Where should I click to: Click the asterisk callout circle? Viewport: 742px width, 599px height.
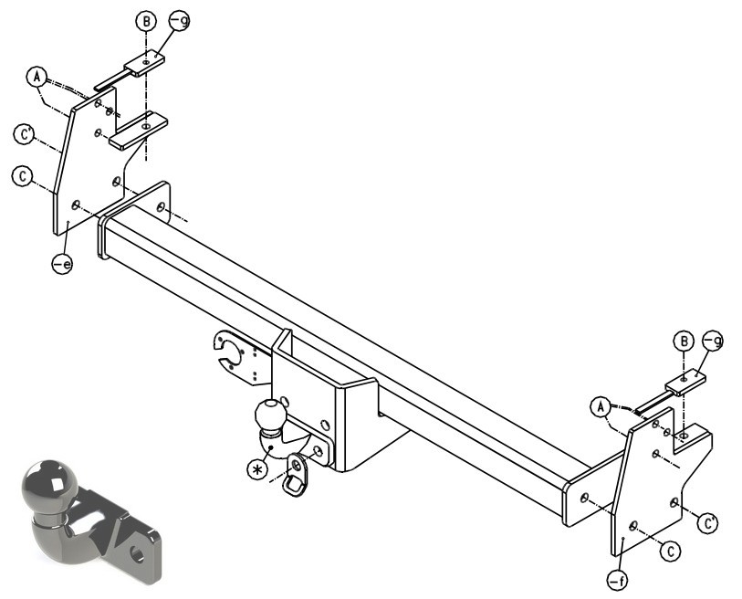tap(257, 468)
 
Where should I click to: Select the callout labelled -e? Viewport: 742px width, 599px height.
tap(62, 263)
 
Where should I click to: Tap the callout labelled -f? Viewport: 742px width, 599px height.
tap(618, 580)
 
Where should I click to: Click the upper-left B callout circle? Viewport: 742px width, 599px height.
tap(146, 22)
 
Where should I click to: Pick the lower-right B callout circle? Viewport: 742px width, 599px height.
tap(684, 342)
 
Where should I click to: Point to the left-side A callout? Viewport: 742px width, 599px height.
tap(37, 76)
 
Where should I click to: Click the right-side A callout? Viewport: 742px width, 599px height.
tap(601, 406)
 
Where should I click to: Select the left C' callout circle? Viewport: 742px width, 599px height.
tap(24, 133)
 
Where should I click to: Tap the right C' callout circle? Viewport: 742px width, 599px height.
tap(708, 524)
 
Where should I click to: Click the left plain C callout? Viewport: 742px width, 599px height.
tap(22, 176)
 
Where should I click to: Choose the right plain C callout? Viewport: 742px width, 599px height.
tap(670, 552)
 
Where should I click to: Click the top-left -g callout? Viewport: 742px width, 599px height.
tap(180, 20)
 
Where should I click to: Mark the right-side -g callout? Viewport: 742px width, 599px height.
tap(713, 341)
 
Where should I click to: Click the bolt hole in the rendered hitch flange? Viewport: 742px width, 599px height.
tap(137, 554)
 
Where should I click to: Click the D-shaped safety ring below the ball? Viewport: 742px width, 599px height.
tap(296, 475)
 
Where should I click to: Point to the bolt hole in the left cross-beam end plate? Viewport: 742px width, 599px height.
tap(161, 207)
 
